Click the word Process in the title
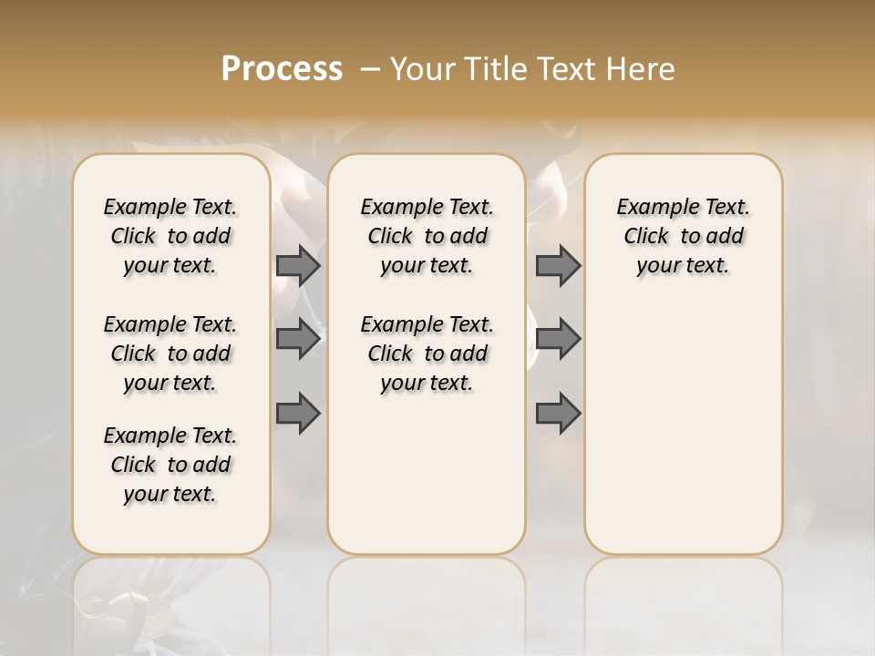tap(282, 68)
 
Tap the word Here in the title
tap(642, 69)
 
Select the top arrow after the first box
tap(298, 265)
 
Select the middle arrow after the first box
tap(298, 338)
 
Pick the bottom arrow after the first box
tap(298, 413)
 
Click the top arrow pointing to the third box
tap(558, 265)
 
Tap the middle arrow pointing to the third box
tap(558, 338)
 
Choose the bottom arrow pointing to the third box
tap(558, 413)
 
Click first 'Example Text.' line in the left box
tap(170, 207)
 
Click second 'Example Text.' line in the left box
tap(170, 324)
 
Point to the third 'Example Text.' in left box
tap(170, 436)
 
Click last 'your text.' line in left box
tap(170, 494)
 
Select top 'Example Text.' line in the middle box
tap(427, 207)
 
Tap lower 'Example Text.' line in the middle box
tap(427, 324)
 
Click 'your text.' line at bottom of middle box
tap(427, 383)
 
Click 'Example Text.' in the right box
tap(683, 207)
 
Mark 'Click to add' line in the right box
tap(683, 236)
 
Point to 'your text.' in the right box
tap(683, 265)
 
